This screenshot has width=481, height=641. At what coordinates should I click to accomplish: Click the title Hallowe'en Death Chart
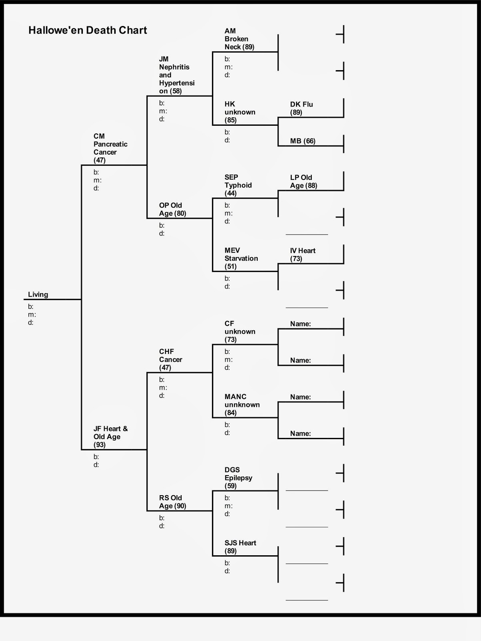(88, 30)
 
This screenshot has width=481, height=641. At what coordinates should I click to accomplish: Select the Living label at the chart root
(38, 294)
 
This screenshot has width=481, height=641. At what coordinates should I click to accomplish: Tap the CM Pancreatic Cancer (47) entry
(110, 148)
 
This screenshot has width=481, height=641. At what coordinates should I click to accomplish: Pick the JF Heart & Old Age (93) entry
(110, 437)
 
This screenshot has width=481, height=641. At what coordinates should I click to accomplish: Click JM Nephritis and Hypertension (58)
(176, 75)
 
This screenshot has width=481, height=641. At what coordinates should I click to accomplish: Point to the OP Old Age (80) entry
(172, 209)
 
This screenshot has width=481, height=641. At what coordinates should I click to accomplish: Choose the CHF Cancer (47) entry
(170, 359)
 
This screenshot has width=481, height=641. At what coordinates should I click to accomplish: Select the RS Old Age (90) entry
(172, 502)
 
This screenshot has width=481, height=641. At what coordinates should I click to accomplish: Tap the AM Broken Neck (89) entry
(239, 39)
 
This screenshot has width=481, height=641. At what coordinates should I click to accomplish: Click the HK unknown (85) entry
(240, 112)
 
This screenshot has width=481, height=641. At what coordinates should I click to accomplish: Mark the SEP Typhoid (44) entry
(238, 185)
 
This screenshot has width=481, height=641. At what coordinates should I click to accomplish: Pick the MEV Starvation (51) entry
(241, 258)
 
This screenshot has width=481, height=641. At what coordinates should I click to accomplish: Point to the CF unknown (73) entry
(240, 331)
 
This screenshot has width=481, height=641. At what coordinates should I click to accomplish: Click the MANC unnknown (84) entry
(242, 405)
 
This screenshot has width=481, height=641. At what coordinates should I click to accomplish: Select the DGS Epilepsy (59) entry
(238, 478)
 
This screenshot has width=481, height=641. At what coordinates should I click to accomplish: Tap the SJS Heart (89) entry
(240, 547)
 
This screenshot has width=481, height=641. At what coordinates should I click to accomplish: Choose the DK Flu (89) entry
(301, 108)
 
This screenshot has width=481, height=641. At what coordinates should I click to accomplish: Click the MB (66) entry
(303, 141)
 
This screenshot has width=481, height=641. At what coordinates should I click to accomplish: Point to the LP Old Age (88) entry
(303, 181)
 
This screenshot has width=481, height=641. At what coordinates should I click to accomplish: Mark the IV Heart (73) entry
(303, 254)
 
